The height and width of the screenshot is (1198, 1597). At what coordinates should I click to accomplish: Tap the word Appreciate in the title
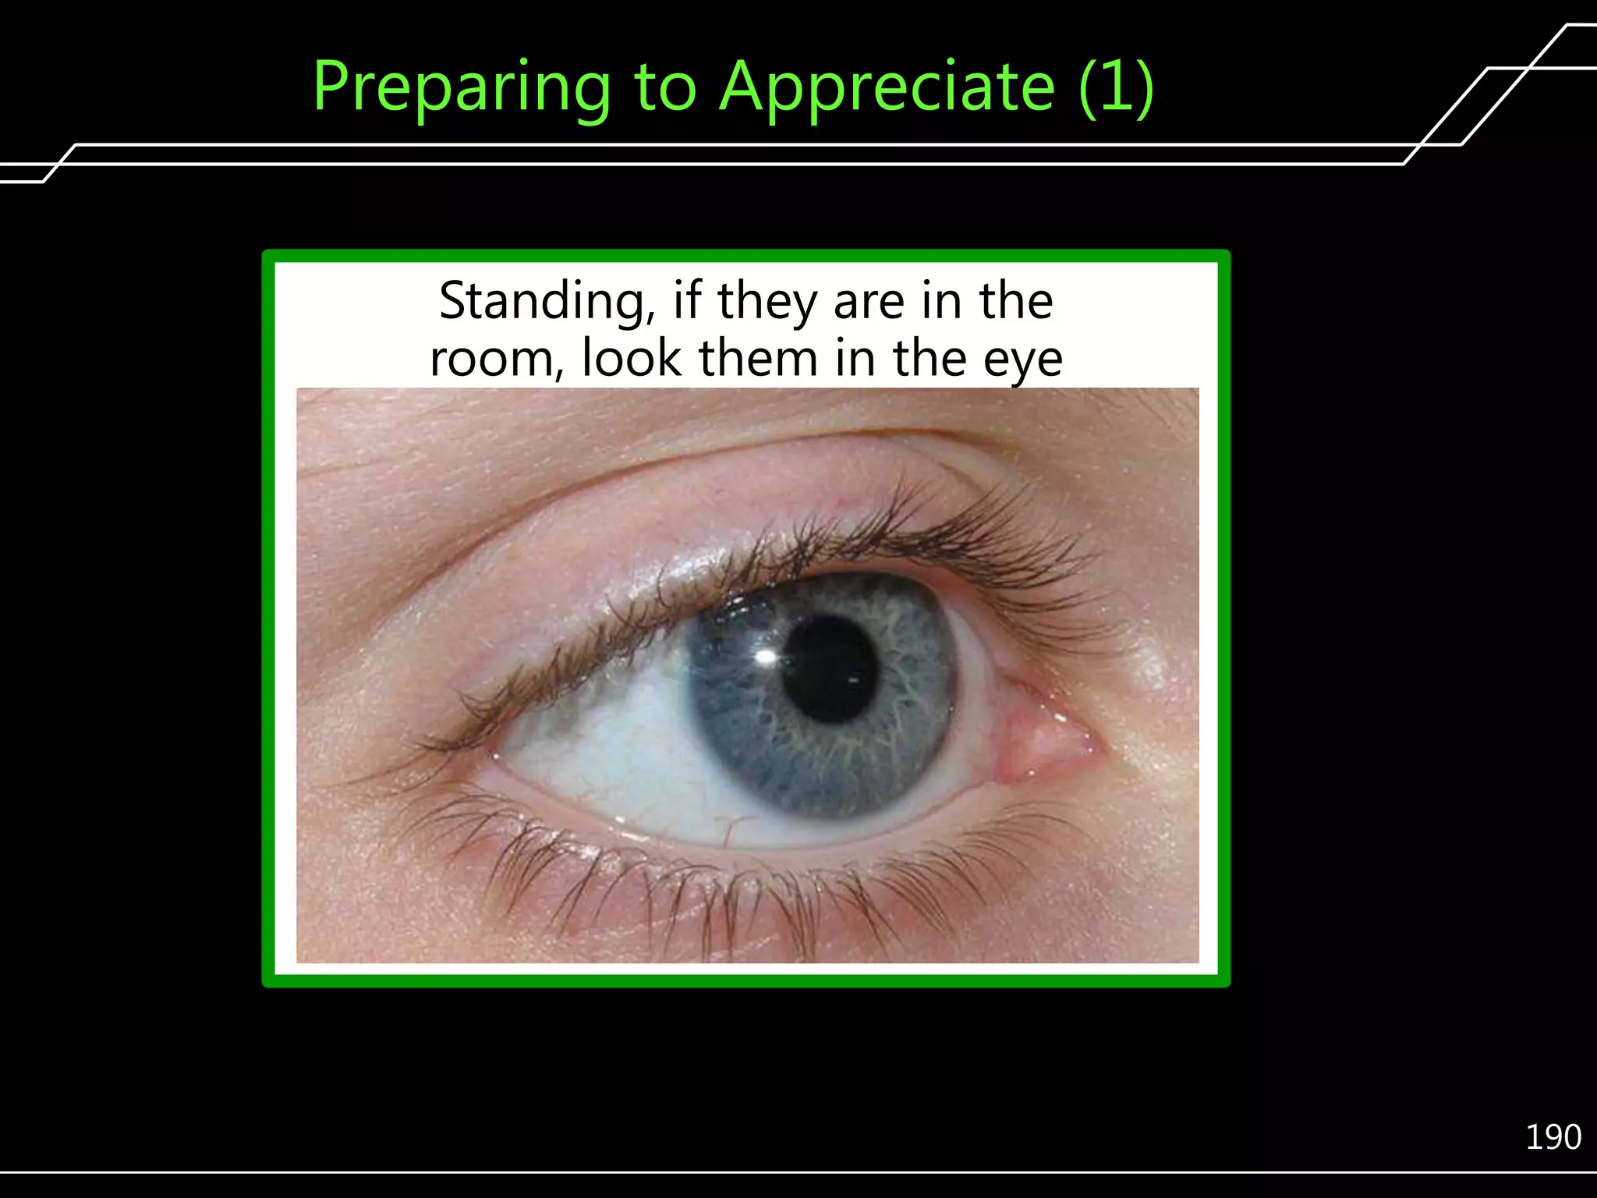pyautogui.click(x=887, y=87)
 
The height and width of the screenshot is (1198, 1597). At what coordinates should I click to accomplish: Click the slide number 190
pyautogui.click(x=1553, y=1137)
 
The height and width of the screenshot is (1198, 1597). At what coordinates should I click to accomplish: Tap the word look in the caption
pyautogui.click(x=632, y=359)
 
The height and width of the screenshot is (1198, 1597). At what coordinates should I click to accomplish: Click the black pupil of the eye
pyautogui.click(x=830, y=669)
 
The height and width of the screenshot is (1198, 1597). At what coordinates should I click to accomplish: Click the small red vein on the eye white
pyautogui.click(x=733, y=827)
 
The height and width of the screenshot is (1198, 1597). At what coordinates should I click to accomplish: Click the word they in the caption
pyautogui.click(x=767, y=303)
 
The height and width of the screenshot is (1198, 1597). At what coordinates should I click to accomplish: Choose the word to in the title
pyautogui.click(x=664, y=87)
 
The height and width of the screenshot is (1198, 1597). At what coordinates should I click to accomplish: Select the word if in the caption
pyautogui.click(x=686, y=301)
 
